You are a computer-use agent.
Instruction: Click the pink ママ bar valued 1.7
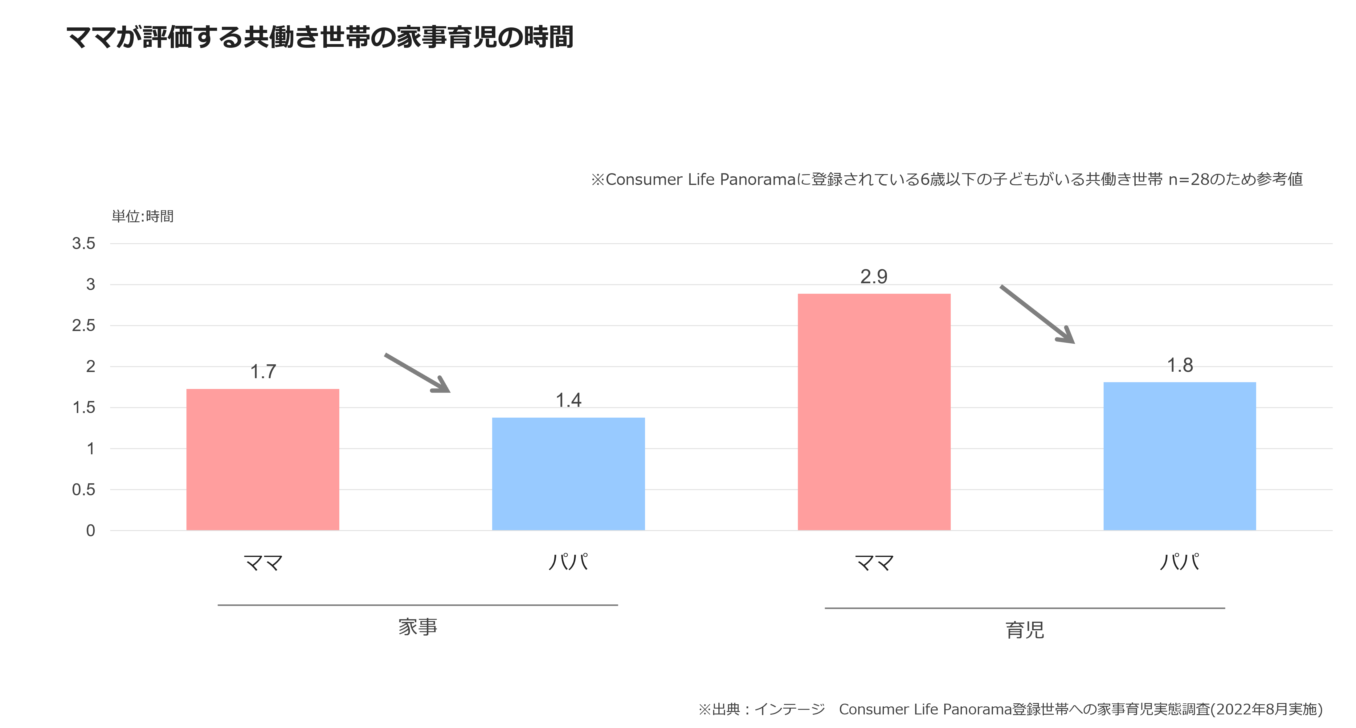pos(263,460)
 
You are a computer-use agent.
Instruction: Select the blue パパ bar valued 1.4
pos(569,474)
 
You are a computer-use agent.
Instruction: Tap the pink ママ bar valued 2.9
pos(874,412)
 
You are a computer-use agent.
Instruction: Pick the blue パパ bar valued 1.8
pos(1180,456)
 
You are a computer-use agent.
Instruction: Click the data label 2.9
pos(874,276)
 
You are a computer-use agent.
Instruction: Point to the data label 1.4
pos(569,400)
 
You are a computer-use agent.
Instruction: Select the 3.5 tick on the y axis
pos(84,243)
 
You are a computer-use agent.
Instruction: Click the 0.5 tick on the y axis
pos(84,489)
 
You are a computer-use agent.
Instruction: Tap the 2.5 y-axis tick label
pos(84,325)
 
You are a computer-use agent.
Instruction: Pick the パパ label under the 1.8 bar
pos(1180,562)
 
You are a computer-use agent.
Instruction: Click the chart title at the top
pos(320,37)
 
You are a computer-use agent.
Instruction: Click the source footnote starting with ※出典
pos(1011,709)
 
